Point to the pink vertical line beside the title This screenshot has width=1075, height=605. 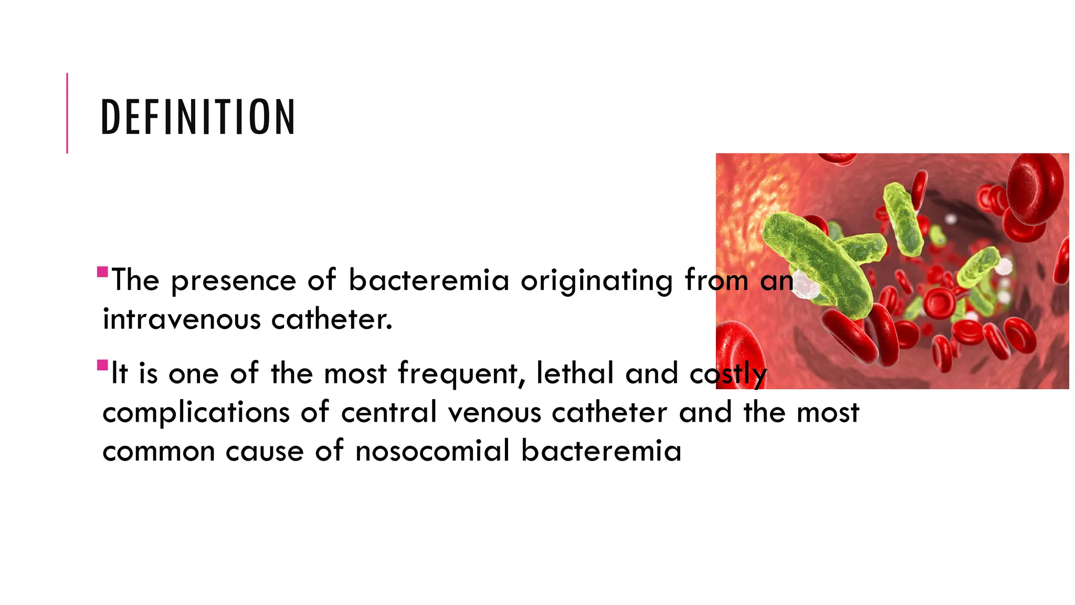(x=67, y=113)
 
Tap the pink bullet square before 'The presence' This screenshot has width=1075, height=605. (x=102, y=272)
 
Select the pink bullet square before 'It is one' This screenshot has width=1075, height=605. (x=102, y=365)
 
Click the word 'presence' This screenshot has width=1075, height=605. (x=234, y=281)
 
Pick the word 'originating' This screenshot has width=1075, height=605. (x=596, y=281)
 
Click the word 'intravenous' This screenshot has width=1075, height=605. (x=181, y=319)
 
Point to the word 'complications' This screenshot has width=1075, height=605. (x=196, y=413)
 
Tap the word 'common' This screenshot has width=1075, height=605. (x=159, y=452)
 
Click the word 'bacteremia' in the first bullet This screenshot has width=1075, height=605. (x=429, y=280)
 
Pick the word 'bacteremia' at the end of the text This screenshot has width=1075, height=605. (x=601, y=451)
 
